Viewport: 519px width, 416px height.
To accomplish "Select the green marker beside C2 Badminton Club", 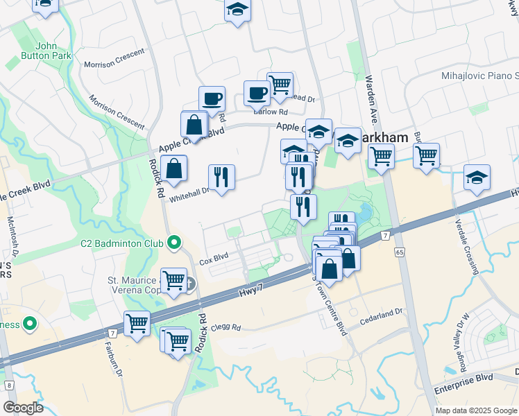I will tap(174, 243).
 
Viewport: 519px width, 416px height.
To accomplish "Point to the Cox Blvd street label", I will tap(214, 261).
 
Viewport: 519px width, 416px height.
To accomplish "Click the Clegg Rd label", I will tap(226, 327).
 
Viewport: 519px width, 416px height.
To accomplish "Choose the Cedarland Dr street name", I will tap(382, 318).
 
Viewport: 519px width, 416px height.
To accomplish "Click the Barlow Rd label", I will tap(270, 112).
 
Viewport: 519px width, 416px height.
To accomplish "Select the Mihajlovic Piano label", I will tap(479, 75).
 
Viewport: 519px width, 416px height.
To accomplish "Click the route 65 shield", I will tap(400, 253).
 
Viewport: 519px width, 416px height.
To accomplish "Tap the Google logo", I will tap(22, 408).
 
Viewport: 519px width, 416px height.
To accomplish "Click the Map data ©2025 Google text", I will tap(475, 410).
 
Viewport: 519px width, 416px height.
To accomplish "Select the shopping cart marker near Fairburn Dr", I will tap(137, 323).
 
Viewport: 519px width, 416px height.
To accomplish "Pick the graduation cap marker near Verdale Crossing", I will tap(477, 177).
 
